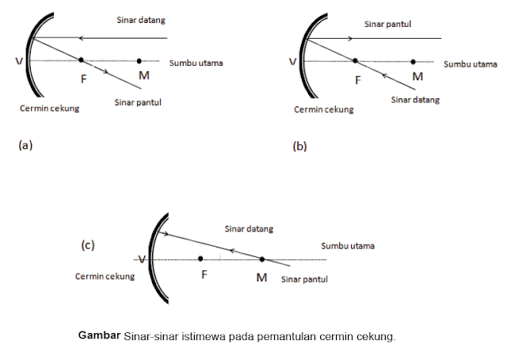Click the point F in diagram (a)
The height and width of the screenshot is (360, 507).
(x=81, y=59)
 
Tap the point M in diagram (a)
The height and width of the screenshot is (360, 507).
(x=139, y=60)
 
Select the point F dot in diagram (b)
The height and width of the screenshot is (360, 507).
(x=355, y=60)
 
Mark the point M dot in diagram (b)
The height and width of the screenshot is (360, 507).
(x=414, y=61)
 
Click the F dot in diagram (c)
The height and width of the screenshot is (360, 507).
(x=201, y=259)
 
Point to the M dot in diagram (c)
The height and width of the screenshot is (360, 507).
(x=262, y=259)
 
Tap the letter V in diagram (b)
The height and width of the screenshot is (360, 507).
(x=292, y=61)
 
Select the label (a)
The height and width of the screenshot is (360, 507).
(x=25, y=145)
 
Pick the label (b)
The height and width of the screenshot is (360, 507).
(x=299, y=146)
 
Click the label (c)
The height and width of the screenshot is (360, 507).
(x=88, y=246)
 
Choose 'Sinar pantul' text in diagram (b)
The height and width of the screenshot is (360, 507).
(x=389, y=25)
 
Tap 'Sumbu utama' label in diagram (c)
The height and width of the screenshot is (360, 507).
(x=348, y=246)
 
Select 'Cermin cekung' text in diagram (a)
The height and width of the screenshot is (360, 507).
(x=51, y=109)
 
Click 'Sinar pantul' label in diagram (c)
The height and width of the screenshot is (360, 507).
(x=305, y=279)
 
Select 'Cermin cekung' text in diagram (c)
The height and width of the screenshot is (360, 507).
(x=105, y=277)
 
